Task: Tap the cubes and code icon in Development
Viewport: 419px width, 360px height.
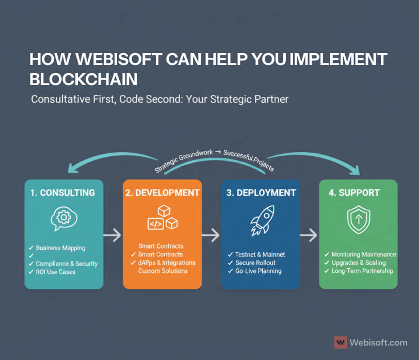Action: coord(163,217)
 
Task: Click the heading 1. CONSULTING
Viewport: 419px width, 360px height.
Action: coord(62,193)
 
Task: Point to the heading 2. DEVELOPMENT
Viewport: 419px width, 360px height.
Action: coord(163,193)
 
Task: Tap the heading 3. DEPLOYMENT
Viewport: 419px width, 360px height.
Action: coord(261,193)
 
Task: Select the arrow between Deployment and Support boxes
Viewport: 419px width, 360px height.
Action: coord(309,236)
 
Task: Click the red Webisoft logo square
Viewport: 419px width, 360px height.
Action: coord(341,342)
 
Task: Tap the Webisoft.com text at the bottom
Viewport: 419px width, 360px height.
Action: coord(378,342)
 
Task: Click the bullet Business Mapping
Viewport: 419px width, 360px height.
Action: coord(60,248)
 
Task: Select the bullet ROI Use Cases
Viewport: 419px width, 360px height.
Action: coord(55,272)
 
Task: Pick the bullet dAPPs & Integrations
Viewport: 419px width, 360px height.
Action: coord(167,263)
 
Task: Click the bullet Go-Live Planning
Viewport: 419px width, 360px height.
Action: coord(259,271)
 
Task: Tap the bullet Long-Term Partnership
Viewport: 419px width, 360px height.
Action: coord(362,271)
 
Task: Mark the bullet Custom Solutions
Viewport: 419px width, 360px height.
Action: coord(163,271)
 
